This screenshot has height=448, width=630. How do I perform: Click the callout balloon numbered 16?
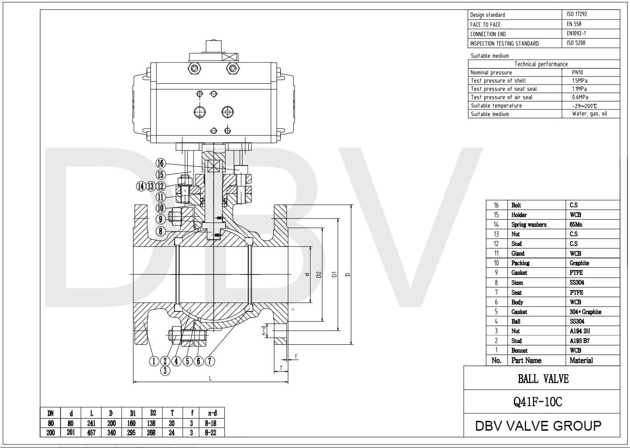(x=161, y=163)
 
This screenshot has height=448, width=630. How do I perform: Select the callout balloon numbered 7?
(x=210, y=361)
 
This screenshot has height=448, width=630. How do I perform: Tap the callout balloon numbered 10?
(x=161, y=208)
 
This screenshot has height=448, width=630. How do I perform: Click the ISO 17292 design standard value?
(x=577, y=14)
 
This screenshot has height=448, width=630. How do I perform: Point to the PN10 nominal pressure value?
(x=577, y=72)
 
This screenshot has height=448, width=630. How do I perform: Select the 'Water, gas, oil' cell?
(x=589, y=114)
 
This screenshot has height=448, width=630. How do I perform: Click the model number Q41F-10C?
(x=537, y=402)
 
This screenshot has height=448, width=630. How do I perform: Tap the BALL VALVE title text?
(x=543, y=379)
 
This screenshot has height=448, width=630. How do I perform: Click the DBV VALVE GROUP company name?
(x=538, y=426)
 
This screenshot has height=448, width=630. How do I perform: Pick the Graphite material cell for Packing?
(x=579, y=263)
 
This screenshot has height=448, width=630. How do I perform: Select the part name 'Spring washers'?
(x=529, y=225)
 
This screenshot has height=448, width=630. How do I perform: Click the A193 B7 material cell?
(x=579, y=341)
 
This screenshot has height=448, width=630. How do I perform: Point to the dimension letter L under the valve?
(x=210, y=379)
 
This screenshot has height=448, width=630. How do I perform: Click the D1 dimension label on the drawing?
(x=334, y=274)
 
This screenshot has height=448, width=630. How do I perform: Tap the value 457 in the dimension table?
(x=91, y=432)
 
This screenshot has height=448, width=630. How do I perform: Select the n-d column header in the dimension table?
(x=213, y=413)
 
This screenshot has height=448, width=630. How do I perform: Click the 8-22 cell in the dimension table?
(x=210, y=432)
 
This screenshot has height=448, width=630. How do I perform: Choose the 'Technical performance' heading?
(x=541, y=64)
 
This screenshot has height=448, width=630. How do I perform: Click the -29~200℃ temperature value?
(x=584, y=106)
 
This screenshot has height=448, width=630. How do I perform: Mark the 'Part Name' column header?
(x=526, y=360)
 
